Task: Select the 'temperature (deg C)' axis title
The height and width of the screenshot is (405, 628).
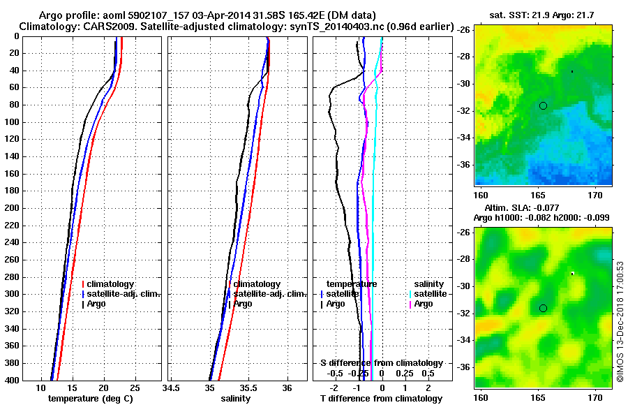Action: click(90, 399)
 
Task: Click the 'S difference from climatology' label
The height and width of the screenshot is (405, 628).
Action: click(382, 363)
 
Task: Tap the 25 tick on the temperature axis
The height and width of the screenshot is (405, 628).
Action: click(135, 388)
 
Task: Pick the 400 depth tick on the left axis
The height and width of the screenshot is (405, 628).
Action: click(13, 381)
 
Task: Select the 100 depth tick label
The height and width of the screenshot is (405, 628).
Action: click(13, 122)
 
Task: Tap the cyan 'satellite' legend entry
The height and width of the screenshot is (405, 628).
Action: click(428, 294)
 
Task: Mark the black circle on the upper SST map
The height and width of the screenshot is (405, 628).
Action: click(543, 105)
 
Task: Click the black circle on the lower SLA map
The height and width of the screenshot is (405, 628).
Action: click(543, 308)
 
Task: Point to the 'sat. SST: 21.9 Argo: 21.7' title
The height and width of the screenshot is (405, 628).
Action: click(544, 15)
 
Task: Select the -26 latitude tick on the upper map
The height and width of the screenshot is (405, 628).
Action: click(463, 30)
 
